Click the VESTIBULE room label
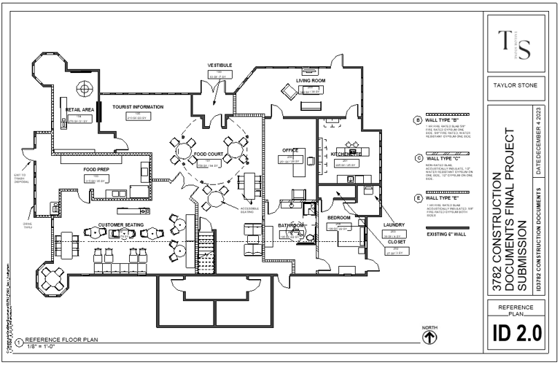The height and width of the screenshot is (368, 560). point(219,65)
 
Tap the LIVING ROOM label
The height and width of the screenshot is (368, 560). point(300,82)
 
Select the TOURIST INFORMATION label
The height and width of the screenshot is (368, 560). point(138,106)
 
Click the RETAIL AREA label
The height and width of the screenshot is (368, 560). point(78,109)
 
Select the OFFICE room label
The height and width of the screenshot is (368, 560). point(291,151)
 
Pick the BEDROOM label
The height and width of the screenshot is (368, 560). point(340,218)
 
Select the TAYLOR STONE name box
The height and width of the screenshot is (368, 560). point(516,85)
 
